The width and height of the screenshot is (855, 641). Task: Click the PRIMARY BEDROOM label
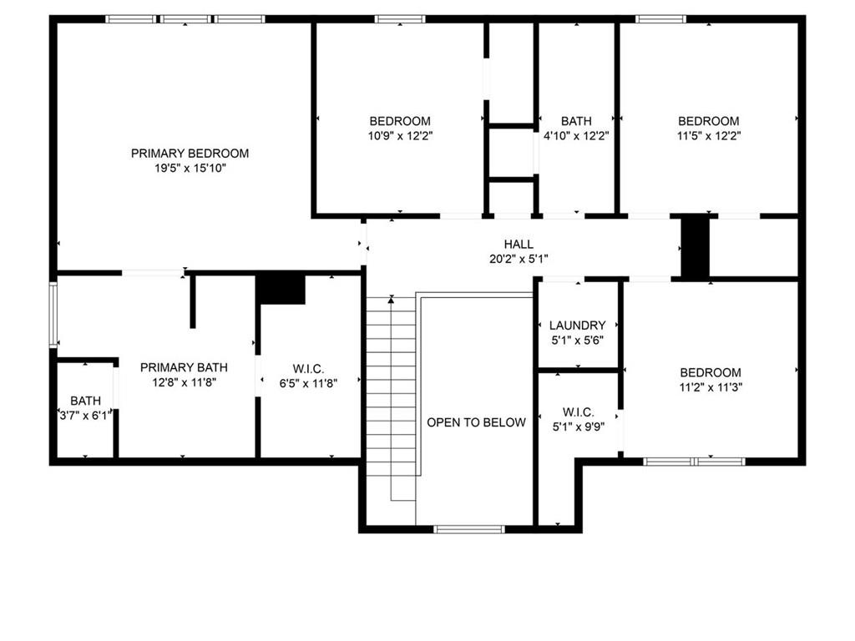[190, 154]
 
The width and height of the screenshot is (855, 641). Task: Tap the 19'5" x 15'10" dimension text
[190, 169]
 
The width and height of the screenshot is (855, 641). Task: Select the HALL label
[519, 244]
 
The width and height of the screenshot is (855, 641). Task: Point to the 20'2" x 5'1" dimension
[519, 259]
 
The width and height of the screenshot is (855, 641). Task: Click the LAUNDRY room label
[577, 326]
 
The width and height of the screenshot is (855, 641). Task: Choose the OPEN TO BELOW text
[476, 422]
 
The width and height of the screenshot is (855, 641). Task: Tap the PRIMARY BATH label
[184, 367]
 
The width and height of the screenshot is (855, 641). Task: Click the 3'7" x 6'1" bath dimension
[84, 416]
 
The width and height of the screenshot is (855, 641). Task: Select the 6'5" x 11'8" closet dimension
[308, 383]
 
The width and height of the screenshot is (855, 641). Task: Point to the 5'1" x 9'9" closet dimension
[578, 426]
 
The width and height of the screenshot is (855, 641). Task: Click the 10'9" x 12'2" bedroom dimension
[400, 135]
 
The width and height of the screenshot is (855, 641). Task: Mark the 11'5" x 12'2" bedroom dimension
[708, 135]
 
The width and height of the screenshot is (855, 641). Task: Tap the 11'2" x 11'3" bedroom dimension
[710, 387]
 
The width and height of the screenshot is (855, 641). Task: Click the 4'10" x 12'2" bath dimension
[576, 135]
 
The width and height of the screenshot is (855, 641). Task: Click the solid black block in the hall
[695, 247]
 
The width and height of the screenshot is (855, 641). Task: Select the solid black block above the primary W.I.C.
[281, 289]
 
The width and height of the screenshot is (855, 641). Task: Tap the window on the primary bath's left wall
[53, 315]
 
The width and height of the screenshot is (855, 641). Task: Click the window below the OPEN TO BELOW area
[469, 528]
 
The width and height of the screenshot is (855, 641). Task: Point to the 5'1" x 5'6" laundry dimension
[577, 341]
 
